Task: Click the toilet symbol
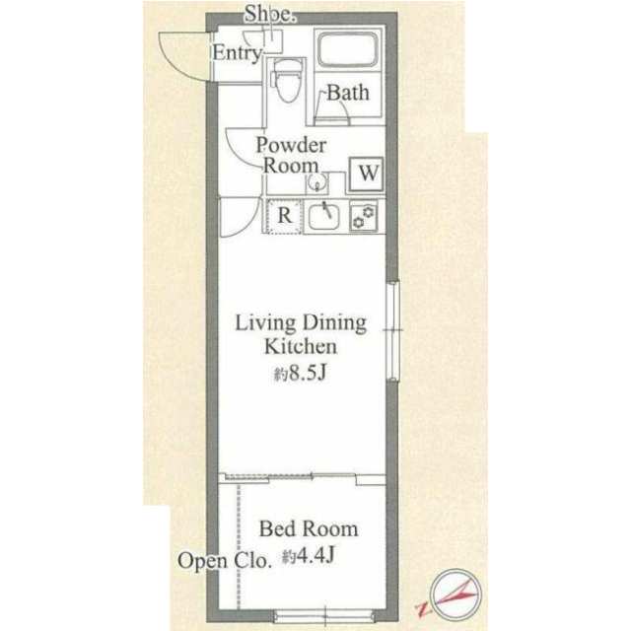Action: (x=287, y=81)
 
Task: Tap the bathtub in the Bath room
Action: (x=348, y=49)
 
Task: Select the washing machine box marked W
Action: (x=366, y=175)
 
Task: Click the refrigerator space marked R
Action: (x=284, y=216)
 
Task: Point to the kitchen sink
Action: (x=324, y=217)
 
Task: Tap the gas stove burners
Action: (x=364, y=217)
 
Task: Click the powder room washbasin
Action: (x=316, y=184)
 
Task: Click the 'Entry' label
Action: (x=237, y=53)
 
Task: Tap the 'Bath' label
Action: (x=348, y=93)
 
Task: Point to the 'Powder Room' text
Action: (x=292, y=155)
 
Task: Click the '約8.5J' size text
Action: (x=300, y=374)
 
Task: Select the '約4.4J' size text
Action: (x=309, y=556)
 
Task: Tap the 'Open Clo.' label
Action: (x=224, y=561)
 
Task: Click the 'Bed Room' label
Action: (x=309, y=528)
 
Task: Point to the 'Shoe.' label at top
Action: (x=270, y=13)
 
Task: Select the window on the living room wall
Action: (x=392, y=331)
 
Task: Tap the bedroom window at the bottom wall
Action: (x=324, y=616)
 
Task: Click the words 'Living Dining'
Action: (x=301, y=323)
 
